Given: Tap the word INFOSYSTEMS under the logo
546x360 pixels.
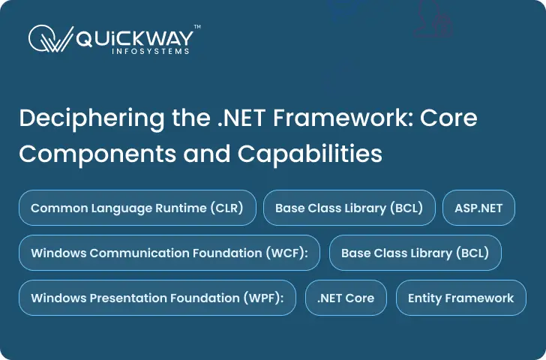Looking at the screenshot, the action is tap(151, 51).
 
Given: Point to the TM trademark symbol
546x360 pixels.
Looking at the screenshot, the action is tap(197, 26).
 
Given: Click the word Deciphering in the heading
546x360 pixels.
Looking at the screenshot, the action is tap(91, 119).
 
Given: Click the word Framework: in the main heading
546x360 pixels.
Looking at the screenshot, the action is tap(343, 118).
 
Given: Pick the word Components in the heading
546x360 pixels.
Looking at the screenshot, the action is tap(97, 154).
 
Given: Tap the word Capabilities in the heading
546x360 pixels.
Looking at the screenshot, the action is tap(310, 153).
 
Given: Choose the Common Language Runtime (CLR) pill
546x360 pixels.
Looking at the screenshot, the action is tap(137, 208).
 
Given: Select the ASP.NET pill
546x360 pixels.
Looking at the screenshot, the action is tap(478, 208).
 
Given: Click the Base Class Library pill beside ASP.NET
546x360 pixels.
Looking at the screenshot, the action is tap(349, 208).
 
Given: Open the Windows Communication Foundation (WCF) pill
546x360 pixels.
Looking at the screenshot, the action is tap(169, 253).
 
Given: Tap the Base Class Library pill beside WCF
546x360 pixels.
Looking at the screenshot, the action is tap(415, 253).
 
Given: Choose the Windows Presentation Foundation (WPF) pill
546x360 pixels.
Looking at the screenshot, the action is tap(157, 298).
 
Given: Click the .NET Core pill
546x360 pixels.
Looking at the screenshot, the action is tap(346, 298).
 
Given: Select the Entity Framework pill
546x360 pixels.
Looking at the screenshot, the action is tap(461, 298).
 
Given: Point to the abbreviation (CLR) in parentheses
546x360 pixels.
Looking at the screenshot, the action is tap(226, 208).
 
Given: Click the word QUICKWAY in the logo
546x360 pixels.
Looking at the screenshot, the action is tap(135, 38).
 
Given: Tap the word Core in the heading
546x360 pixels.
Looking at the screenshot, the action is tap(448, 118).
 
